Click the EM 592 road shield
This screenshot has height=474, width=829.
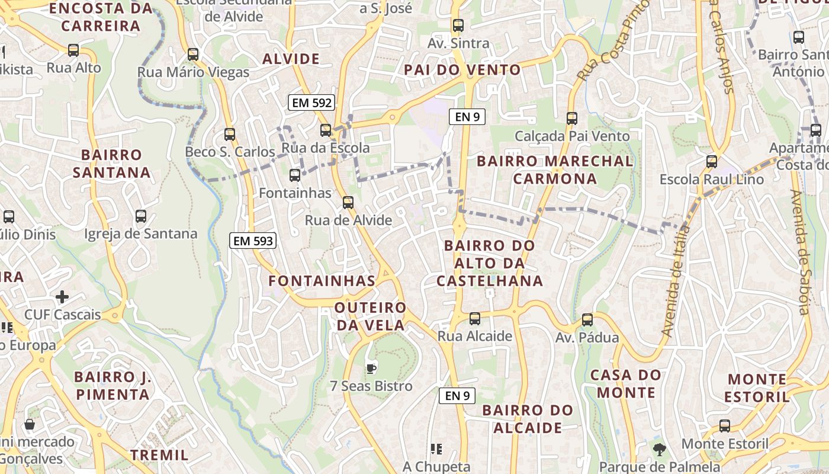(312, 103)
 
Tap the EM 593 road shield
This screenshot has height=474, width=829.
(253, 241)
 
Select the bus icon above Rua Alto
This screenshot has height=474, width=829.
(73, 50)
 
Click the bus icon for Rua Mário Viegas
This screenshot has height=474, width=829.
(193, 55)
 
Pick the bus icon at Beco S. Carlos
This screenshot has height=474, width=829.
(230, 134)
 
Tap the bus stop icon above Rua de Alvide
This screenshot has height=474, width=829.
(348, 203)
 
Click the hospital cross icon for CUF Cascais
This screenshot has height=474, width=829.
(62, 296)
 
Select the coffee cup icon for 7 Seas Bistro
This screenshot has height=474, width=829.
(371, 369)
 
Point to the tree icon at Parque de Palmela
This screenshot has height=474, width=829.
(659, 450)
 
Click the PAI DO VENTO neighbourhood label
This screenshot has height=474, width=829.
(462, 70)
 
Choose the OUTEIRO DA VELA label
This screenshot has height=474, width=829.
(370, 316)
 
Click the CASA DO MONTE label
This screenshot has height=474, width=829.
(626, 383)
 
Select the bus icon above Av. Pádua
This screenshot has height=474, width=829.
(587, 320)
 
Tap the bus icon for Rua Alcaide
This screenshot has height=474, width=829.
(475, 319)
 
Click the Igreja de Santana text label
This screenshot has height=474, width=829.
(140, 234)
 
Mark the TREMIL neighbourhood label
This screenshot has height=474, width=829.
(159, 455)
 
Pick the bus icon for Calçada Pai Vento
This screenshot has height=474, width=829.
(572, 118)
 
